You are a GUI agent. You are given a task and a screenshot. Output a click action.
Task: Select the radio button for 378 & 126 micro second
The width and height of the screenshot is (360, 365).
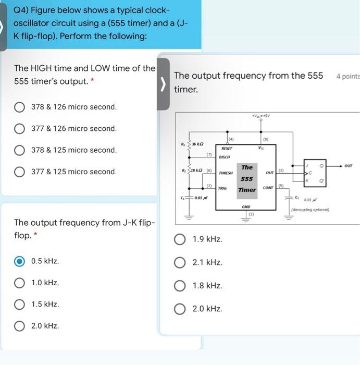[x=19, y=107]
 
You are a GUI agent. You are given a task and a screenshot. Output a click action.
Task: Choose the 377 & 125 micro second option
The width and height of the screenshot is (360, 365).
[x=19, y=172]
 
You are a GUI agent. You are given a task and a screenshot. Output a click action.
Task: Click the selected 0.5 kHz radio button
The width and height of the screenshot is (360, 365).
[x=19, y=261]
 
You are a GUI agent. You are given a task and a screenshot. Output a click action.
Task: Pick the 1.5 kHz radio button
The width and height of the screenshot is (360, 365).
[x=19, y=305]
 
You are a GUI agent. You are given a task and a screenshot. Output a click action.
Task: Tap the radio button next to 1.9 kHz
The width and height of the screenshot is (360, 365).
[x=180, y=239]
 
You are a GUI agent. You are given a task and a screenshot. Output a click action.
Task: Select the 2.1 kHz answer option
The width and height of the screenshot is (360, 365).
[x=180, y=263]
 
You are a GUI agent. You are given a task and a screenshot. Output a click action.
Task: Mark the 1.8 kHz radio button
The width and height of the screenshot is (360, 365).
[x=180, y=286]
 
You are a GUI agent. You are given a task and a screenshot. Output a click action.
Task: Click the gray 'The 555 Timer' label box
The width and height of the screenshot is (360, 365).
[x=246, y=178]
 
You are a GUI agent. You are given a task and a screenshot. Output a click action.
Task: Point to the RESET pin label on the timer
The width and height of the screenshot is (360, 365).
[x=227, y=149]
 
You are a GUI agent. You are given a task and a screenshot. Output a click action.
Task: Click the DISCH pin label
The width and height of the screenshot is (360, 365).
[x=225, y=156]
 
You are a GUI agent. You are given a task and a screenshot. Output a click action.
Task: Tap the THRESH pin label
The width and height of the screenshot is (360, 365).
[x=226, y=172]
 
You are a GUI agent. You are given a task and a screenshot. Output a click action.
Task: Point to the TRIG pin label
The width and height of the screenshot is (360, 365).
[x=222, y=188]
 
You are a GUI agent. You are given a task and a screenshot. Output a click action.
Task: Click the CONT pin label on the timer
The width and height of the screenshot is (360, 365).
[x=268, y=188]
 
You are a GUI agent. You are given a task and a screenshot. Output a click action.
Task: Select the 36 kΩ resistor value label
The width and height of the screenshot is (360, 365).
[x=197, y=144]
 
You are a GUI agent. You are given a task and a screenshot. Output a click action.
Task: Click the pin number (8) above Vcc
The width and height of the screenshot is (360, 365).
[x=265, y=139]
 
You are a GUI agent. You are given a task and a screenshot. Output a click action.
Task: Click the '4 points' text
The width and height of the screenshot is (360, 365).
[x=347, y=77]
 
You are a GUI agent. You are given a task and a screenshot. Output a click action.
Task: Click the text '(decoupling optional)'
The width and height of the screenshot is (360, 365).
[x=311, y=209]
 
